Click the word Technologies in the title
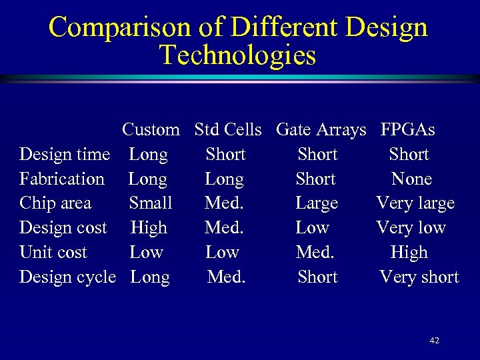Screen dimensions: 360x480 (x=237, y=55)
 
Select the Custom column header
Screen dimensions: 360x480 (x=151, y=129)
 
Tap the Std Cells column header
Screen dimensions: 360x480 (x=228, y=129)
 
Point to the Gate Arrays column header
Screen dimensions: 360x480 (x=321, y=129)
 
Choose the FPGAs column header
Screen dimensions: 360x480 (x=407, y=129)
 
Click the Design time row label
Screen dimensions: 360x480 (x=65, y=155)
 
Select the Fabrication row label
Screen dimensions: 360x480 (x=62, y=179)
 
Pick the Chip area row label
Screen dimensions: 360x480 (x=55, y=203)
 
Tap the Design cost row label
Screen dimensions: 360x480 (x=63, y=228)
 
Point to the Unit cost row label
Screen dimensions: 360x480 (x=53, y=253)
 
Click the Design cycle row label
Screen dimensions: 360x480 (x=67, y=277)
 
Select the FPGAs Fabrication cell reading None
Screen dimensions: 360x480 (x=411, y=179)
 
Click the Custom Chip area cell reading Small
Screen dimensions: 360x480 (x=150, y=203)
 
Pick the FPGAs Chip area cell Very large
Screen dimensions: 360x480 (x=415, y=203)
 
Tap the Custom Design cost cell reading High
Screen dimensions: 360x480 (x=149, y=228)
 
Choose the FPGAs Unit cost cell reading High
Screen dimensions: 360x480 (x=409, y=253)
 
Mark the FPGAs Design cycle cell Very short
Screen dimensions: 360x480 (x=419, y=277)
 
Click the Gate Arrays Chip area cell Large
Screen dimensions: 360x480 (x=317, y=203)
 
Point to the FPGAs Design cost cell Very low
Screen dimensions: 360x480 (x=411, y=228)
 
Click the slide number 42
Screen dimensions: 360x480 (x=435, y=341)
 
